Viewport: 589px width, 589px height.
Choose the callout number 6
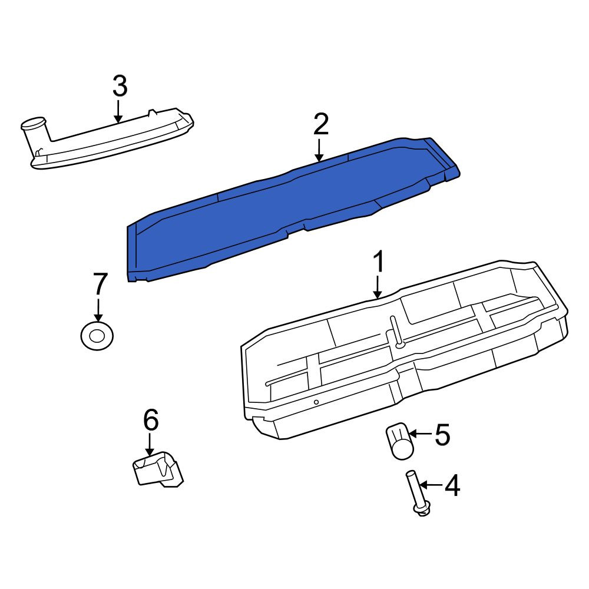pyautogui.click(x=151, y=420)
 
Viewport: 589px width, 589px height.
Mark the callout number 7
pyautogui.click(x=100, y=283)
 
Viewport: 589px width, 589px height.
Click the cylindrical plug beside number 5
pyautogui.click(x=399, y=441)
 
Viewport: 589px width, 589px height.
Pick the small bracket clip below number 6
pyautogui.click(x=158, y=469)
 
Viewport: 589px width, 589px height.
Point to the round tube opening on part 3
pyautogui.click(x=33, y=123)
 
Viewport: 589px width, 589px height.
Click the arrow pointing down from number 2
pyautogui.click(x=319, y=150)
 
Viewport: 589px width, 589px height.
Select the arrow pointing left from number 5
pyautogui.click(x=420, y=434)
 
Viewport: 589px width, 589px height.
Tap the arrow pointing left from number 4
pyautogui.click(x=431, y=485)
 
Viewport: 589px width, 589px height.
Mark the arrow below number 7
pyautogui.click(x=98, y=310)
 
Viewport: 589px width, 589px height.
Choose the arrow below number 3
pyautogui.click(x=118, y=111)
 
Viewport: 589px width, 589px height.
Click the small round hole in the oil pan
pyautogui.click(x=316, y=402)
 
